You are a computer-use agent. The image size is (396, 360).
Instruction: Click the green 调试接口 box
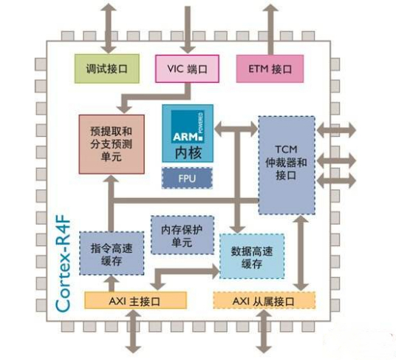point(107,69)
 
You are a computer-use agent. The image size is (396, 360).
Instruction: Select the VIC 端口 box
point(187,69)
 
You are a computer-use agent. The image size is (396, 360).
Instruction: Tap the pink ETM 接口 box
point(270,69)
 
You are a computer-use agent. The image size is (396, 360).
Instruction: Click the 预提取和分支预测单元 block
point(112,144)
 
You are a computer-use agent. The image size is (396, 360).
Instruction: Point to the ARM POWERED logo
point(188,126)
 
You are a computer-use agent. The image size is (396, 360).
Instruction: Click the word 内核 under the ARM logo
point(188,153)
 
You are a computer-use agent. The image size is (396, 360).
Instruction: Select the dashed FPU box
point(187,178)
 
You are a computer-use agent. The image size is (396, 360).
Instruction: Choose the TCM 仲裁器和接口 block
point(287,165)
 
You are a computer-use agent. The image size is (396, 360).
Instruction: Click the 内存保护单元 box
point(182,235)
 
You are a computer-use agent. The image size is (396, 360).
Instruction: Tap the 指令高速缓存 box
point(112,254)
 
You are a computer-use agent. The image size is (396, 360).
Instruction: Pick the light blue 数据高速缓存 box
point(252,257)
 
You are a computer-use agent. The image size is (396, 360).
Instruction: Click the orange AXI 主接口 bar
point(135,300)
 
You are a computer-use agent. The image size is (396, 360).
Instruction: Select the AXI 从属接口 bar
point(264,300)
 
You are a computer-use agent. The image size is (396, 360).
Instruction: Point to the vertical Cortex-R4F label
point(62,263)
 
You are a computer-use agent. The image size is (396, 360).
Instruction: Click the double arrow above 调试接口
point(109,28)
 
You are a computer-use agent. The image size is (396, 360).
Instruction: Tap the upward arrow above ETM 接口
point(270,29)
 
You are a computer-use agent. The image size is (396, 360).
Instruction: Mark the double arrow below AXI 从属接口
point(264,331)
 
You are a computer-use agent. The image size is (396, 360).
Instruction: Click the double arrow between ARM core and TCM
point(236,129)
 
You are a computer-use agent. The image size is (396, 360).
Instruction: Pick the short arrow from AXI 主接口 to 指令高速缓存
point(112,283)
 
